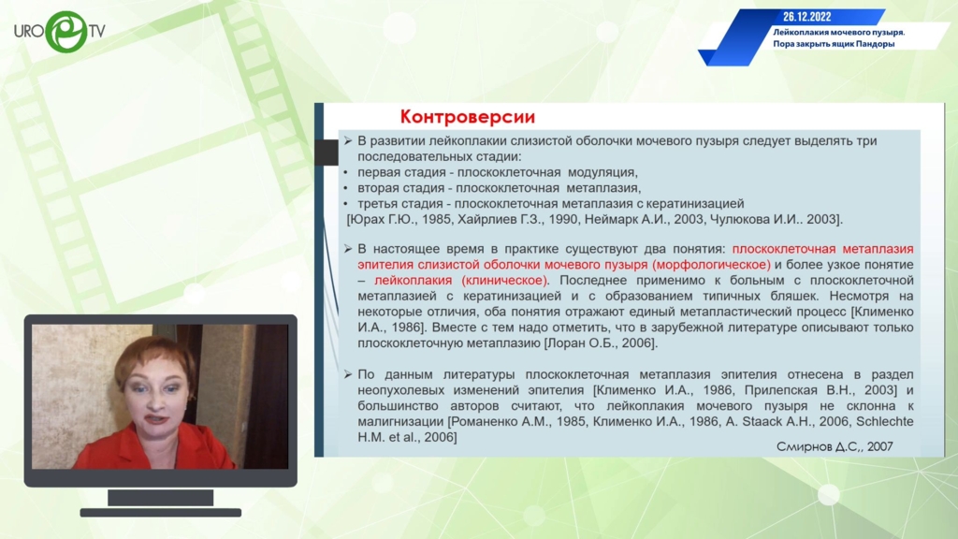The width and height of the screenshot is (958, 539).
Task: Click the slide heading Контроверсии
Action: coord(468,117)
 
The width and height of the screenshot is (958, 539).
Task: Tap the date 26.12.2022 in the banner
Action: coord(807,17)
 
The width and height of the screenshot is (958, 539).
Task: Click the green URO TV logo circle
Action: coord(66,32)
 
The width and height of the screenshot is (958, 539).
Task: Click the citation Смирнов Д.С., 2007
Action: coord(835,446)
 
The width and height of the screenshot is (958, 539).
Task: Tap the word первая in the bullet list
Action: coord(379,172)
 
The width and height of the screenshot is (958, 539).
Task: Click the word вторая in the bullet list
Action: coord(378,188)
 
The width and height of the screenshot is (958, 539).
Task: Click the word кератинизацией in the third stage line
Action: coord(695,203)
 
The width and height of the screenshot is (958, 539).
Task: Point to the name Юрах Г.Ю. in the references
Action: coord(382,219)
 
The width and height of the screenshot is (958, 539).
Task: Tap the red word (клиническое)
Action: coord(504,281)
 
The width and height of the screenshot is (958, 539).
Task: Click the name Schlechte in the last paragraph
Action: coord(885,422)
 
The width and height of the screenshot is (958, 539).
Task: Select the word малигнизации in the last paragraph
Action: coord(400,422)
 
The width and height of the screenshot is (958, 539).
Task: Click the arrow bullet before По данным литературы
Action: coord(348,374)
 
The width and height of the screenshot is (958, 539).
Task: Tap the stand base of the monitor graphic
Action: coord(161,513)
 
